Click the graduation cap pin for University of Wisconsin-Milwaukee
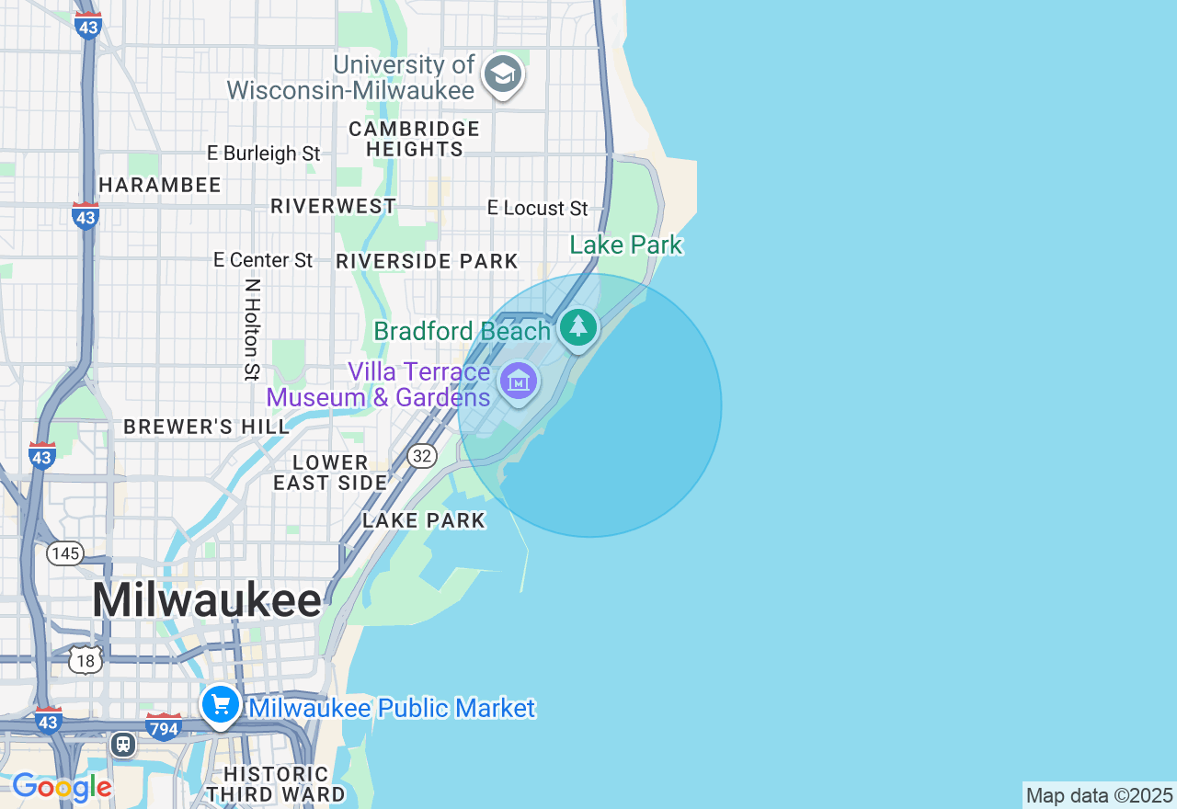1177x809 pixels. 502,74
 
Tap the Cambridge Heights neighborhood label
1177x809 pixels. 415,139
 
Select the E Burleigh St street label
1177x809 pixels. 263,154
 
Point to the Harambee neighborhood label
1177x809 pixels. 160,185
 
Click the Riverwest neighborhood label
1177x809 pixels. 334,206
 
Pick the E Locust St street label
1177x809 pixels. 538,209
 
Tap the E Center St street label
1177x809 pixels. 263,260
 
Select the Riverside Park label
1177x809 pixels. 428,261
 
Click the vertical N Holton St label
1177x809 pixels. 252,329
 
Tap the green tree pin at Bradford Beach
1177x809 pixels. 578,326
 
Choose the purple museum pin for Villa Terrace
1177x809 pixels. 519,380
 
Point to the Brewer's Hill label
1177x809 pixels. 207,427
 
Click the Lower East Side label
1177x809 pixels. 331,473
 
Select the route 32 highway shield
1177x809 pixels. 422,455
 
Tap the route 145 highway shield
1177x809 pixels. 65,553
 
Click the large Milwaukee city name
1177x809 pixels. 207,600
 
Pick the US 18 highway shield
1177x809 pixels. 86,659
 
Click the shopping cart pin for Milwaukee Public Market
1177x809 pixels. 221,705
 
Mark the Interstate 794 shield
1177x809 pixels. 164,727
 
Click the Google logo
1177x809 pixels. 62,787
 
